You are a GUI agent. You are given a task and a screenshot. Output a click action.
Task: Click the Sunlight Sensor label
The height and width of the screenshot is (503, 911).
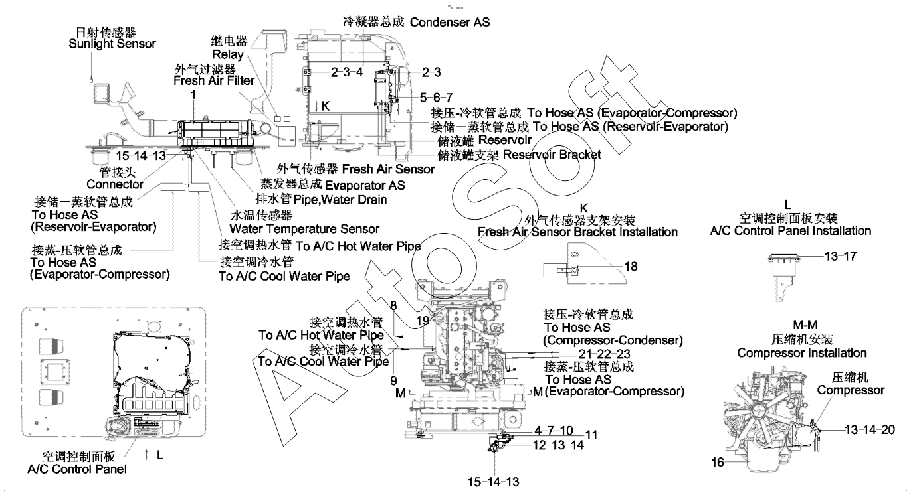112,44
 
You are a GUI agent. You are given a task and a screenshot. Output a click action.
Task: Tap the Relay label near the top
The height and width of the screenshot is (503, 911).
228,54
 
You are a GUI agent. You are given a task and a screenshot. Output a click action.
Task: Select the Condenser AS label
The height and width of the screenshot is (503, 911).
449,22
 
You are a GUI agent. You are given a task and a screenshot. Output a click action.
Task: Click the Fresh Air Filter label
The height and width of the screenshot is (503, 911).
214,81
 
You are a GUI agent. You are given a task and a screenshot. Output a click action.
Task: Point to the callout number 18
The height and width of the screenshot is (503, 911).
631,267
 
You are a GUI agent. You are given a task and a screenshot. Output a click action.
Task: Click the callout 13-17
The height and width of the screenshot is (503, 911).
841,257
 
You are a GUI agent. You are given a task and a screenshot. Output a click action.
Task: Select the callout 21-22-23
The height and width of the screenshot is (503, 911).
604,354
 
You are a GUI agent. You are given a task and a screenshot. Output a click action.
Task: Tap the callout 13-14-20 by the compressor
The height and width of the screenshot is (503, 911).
869,429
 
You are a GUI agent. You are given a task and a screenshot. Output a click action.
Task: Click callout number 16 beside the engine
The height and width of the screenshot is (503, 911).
718,463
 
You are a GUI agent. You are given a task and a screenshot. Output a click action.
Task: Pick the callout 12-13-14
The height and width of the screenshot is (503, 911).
559,445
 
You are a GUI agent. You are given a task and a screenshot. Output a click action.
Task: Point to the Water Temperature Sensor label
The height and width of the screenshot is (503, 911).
304,229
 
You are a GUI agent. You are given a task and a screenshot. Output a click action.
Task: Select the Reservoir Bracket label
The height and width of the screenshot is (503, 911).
552,155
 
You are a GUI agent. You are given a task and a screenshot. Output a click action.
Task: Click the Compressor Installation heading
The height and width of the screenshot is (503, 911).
801,353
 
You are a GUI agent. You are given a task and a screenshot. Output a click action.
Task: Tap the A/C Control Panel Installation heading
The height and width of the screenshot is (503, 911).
790,231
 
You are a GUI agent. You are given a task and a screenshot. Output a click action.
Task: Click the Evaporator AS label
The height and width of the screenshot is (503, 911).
365,186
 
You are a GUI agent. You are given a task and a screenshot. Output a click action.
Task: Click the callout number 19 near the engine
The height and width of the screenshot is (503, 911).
423,321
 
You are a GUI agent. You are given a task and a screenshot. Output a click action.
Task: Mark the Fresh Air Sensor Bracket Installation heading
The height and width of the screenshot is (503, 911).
577,232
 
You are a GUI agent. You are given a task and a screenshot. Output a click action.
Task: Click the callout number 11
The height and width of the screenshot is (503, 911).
591,435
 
